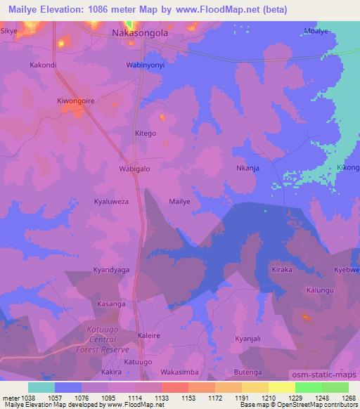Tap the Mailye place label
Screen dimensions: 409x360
click(180, 201)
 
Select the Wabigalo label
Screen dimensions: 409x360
click(134, 169)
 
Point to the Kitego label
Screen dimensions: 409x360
click(145, 133)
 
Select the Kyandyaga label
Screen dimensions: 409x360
click(111, 269)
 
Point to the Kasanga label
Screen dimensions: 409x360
click(111, 304)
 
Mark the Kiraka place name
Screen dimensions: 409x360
click(281, 270)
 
